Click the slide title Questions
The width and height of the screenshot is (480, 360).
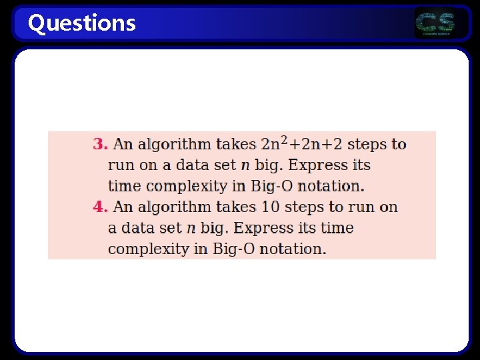click(81, 23)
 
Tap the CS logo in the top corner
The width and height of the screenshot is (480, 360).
click(435, 24)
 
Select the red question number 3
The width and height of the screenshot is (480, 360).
click(100, 144)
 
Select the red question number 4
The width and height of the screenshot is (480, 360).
click(100, 207)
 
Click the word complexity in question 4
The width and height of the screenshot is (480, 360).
click(143, 249)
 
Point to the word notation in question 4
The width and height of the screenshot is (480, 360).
click(292, 249)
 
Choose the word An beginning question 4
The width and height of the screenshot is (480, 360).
click(123, 207)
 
